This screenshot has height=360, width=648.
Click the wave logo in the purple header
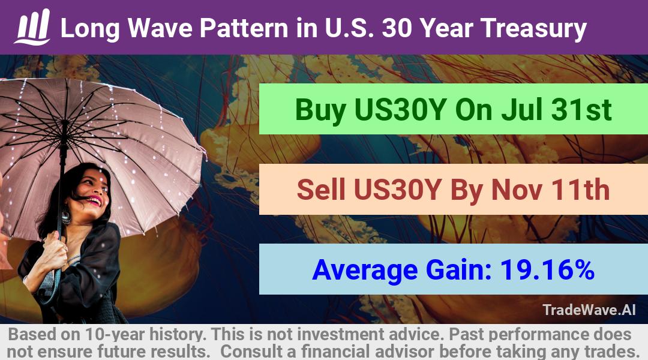tap(32, 27)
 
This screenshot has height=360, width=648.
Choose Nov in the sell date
tap(517, 190)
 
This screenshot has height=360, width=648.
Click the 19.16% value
tap(547, 269)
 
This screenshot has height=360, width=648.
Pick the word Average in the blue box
tap(365, 271)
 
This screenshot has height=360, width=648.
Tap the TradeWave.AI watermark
tap(589, 310)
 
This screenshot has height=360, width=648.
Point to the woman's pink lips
tap(94, 201)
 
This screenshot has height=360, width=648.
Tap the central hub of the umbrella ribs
tap(64, 122)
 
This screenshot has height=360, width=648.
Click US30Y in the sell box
tap(398, 190)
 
